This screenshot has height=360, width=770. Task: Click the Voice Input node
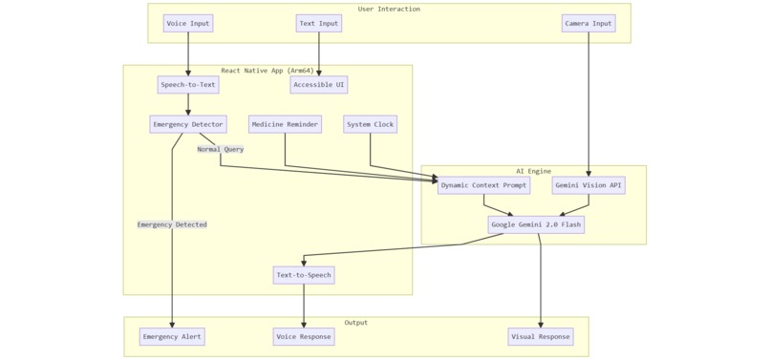[x=188, y=24]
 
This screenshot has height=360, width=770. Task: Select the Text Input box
[x=319, y=24]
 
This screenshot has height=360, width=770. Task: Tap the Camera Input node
[x=588, y=24]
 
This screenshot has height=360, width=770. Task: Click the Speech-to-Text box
[x=188, y=85]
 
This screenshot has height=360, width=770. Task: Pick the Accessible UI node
[x=319, y=85]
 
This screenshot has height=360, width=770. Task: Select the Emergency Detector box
[x=188, y=124]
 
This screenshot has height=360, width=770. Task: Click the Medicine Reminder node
[x=285, y=124]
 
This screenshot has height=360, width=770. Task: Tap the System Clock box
[x=370, y=124]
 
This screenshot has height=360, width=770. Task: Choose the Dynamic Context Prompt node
[x=483, y=185]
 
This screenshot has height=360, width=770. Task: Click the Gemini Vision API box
[x=588, y=185]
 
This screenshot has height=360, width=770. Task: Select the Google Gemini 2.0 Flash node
[x=536, y=224]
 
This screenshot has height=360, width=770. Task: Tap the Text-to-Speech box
[x=304, y=275]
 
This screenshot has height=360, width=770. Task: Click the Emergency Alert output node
[x=172, y=336]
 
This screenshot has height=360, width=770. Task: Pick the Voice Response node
[x=304, y=336]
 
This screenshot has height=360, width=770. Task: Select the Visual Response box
[x=541, y=336]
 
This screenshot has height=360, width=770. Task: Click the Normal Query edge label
[x=221, y=149]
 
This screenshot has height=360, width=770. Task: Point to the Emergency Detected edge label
[x=172, y=224]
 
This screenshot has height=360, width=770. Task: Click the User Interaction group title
[x=389, y=10]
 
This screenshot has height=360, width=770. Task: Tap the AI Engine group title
[x=533, y=171]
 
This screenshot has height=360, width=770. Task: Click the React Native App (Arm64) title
[x=267, y=71]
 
